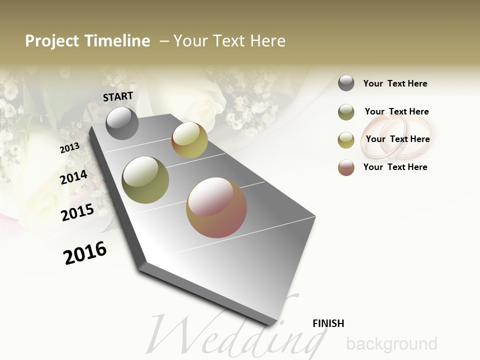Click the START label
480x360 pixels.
118,96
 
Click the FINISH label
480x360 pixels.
328,323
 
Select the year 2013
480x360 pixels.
69,148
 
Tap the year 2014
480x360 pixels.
73,177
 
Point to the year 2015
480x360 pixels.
77,212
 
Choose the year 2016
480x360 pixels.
85,253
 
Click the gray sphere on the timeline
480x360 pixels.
122,123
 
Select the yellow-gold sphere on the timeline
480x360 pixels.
189,140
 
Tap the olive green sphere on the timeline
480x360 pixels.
145,180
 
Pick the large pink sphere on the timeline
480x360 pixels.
216,207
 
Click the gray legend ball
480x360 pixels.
346,83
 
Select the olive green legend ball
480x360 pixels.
346,112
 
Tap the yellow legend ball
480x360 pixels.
346,140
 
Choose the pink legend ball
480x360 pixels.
346,167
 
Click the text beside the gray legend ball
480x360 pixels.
395,83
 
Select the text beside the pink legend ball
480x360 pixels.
395,167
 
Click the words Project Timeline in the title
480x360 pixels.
87,41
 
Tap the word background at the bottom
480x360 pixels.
391,344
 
